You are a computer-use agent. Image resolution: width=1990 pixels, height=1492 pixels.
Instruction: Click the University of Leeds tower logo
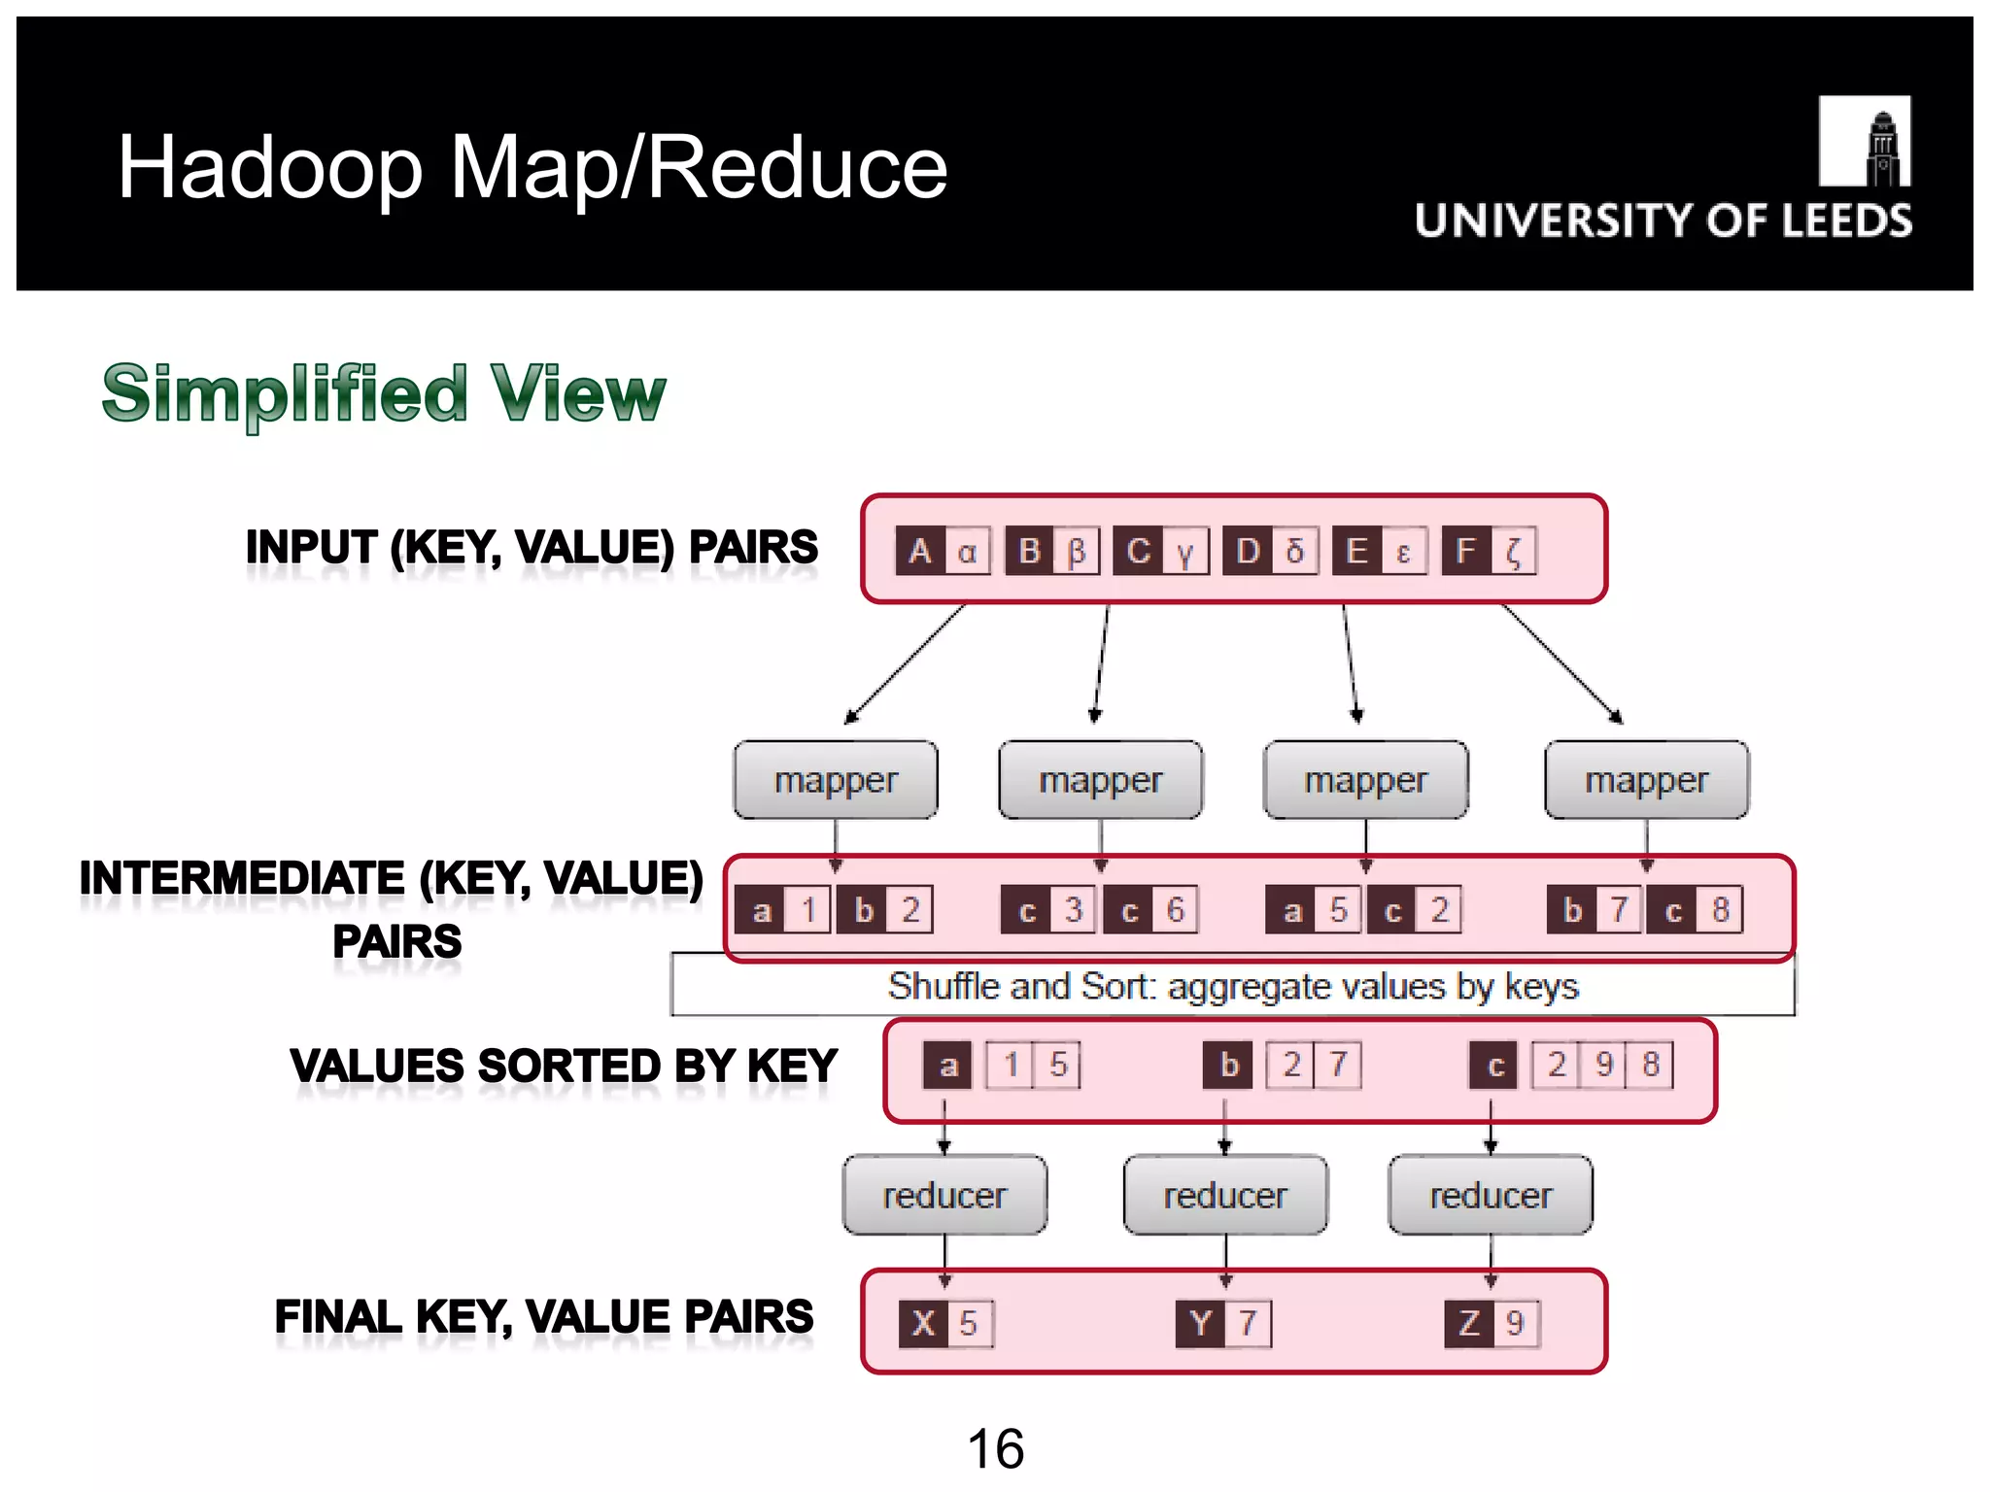pos(1864,141)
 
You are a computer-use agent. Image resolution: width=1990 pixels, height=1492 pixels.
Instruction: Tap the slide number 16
pos(995,1448)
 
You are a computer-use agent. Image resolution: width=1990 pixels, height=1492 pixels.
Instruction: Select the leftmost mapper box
pos(836,780)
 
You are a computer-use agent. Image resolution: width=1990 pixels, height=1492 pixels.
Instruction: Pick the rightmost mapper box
pos(1646,780)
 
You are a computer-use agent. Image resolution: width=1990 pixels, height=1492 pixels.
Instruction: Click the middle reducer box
pos(1225,1195)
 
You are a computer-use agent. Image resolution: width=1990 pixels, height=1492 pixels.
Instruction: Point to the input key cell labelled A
pos(919,552)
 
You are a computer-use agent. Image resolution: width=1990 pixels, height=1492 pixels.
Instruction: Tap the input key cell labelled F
pos(1465,552)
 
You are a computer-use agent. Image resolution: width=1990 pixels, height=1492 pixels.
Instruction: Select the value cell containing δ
pos(1294,552)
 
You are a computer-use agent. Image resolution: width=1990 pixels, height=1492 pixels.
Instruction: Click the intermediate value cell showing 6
pos(1175,910)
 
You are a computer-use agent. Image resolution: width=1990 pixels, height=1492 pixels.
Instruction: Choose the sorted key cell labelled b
pos(1229,1065)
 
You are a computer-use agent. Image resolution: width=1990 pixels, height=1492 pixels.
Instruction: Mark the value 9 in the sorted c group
pos(1603,1065)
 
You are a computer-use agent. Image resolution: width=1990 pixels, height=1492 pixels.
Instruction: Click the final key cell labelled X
pos(923,1323)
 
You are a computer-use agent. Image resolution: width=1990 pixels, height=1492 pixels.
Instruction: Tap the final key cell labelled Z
pos(1468,1323)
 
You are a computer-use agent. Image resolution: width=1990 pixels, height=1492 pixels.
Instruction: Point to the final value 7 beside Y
pos(1248,1323)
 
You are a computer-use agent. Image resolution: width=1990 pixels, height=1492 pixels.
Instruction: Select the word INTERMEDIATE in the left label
pos(241,878)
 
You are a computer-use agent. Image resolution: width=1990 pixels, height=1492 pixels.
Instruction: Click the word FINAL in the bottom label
pos(337,1317)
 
